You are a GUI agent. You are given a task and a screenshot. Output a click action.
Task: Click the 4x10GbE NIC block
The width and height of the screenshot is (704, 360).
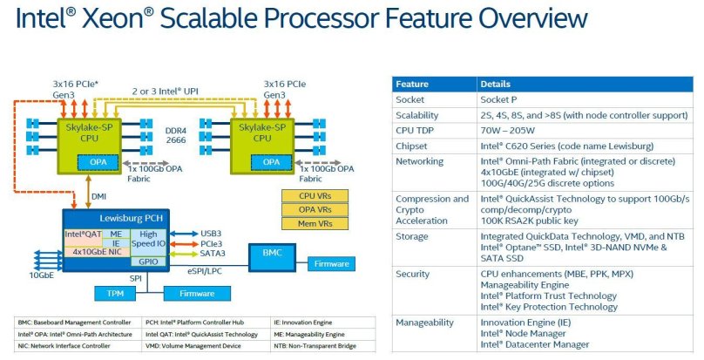[96, 251]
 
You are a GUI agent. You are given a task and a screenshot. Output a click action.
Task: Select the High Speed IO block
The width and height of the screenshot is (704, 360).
[144, 239]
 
